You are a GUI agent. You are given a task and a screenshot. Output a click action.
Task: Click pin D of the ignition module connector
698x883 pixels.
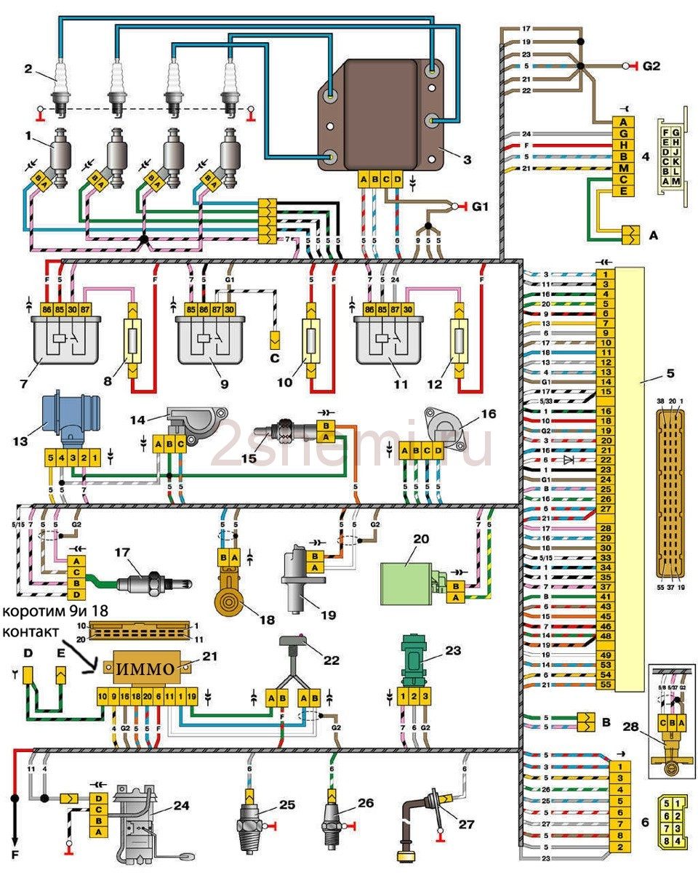(397, 180)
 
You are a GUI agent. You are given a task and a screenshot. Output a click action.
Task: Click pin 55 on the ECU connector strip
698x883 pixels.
(604, 684)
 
